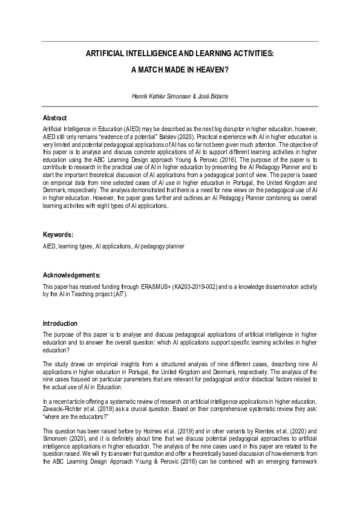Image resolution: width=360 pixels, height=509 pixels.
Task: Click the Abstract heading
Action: click(x=54, y=118)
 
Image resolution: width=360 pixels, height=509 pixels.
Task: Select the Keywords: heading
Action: click(x=58, y=234)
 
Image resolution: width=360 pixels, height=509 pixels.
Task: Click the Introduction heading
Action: click(x=60, y=323)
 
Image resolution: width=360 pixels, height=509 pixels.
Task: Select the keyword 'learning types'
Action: click(x=77, y=247)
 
